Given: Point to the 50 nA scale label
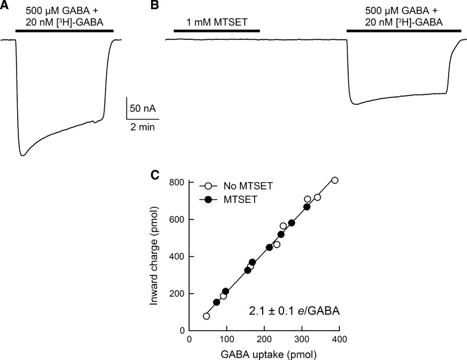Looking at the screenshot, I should pos(142,109).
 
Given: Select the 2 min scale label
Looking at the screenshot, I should pos(142,128).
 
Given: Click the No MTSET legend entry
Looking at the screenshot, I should pos(232,183).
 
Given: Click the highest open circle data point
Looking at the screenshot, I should pos(334,180).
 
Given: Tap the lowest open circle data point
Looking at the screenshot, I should pos(206,316).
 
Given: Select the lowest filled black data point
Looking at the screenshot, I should pos(216,302).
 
